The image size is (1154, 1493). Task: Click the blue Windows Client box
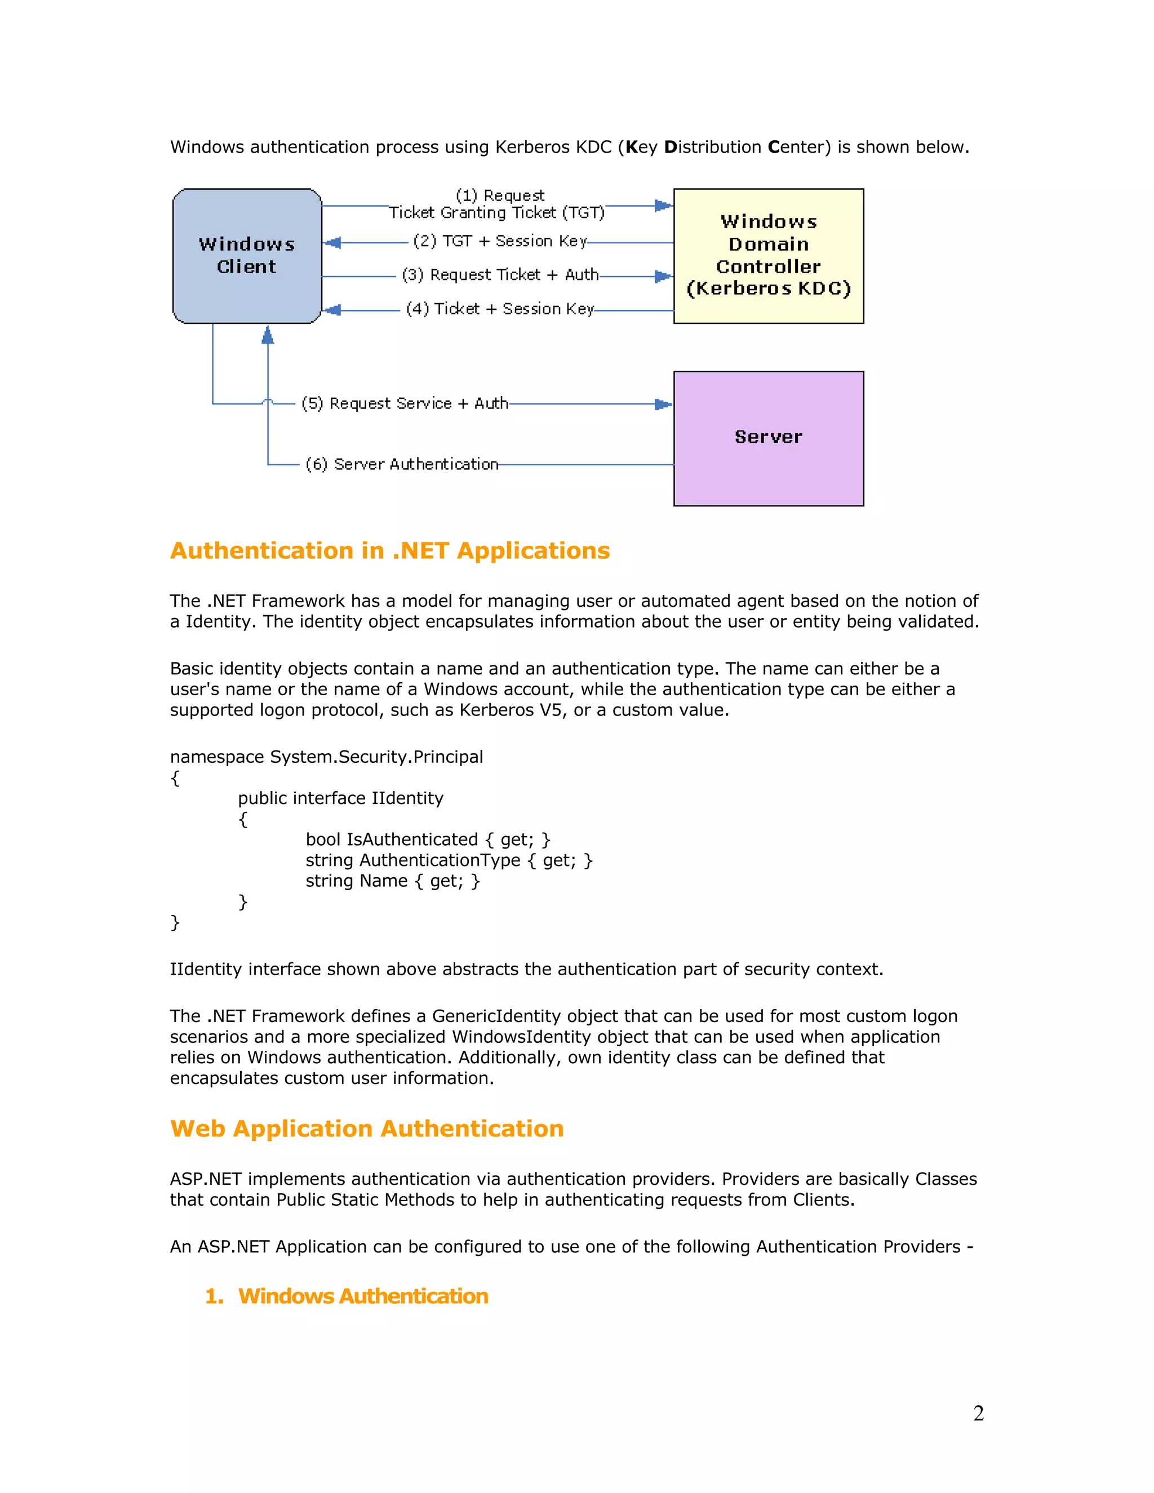pos(247,256)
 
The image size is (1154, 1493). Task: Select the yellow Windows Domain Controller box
pos(769,256)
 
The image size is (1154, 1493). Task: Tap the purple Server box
pos(769,438)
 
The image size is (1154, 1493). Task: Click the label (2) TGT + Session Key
pos(500,241)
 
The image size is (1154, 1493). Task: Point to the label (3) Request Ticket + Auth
pos(500,275)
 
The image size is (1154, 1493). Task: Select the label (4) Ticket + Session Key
pos(500,309)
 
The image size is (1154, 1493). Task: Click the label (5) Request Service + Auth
pos(405,403)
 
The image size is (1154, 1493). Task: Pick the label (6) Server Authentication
pos(402,464)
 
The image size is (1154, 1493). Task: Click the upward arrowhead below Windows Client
pos(268,335)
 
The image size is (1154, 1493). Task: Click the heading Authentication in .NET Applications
pos(390,551)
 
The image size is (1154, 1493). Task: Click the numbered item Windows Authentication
pos(363,1296)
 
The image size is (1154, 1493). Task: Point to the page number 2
pos(978,1413)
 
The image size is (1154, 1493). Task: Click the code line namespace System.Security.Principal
pos(326,757)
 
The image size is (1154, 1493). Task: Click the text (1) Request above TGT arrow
pos(500,195)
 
